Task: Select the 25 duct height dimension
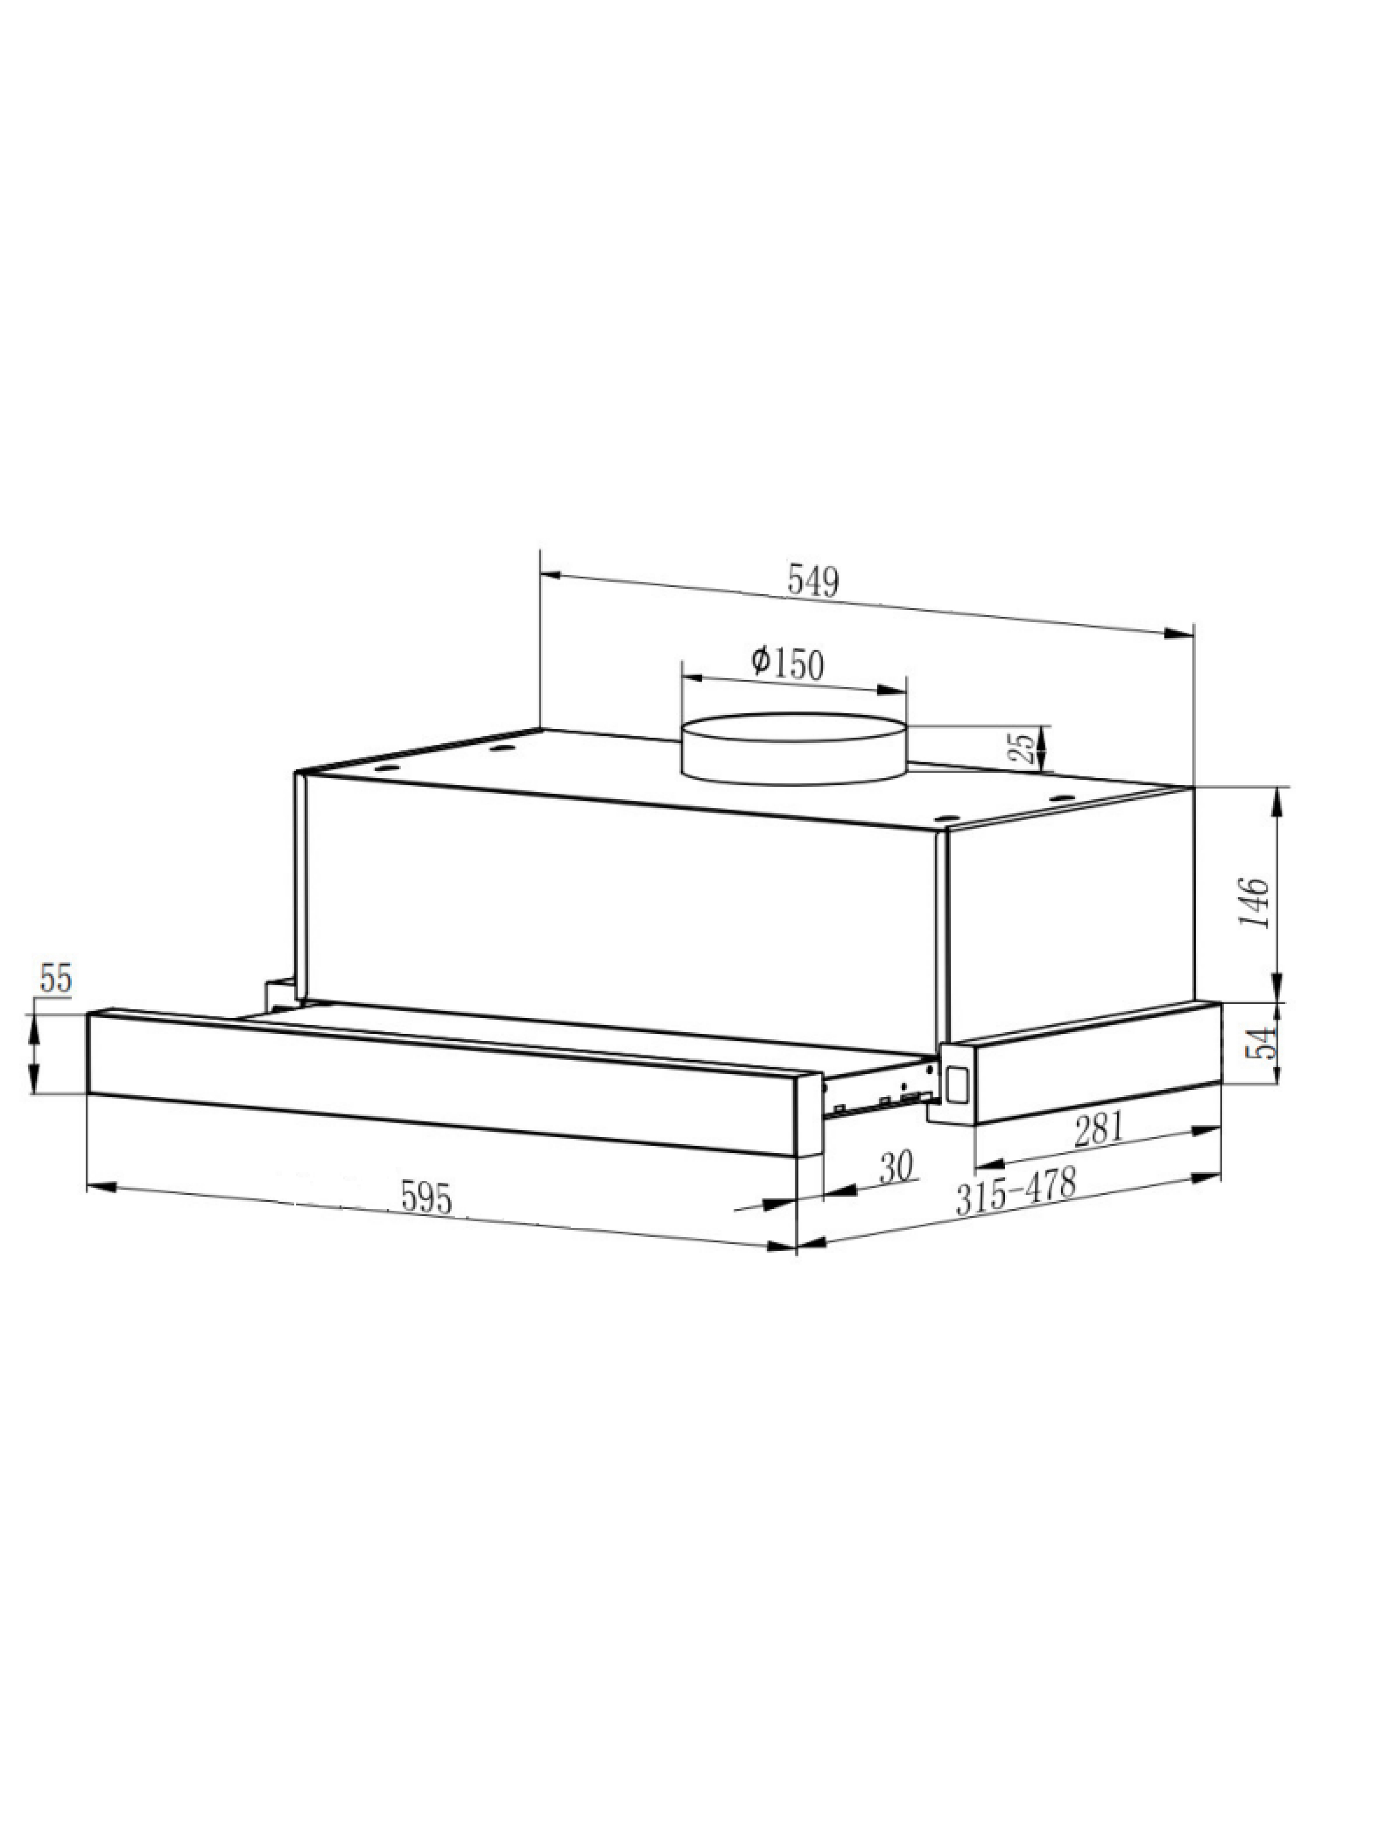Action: tap(1027, 746)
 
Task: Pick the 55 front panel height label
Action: tap(56, 979)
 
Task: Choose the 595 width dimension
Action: tap(426, 1197)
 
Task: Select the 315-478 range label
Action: tap(1015, 1190)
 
